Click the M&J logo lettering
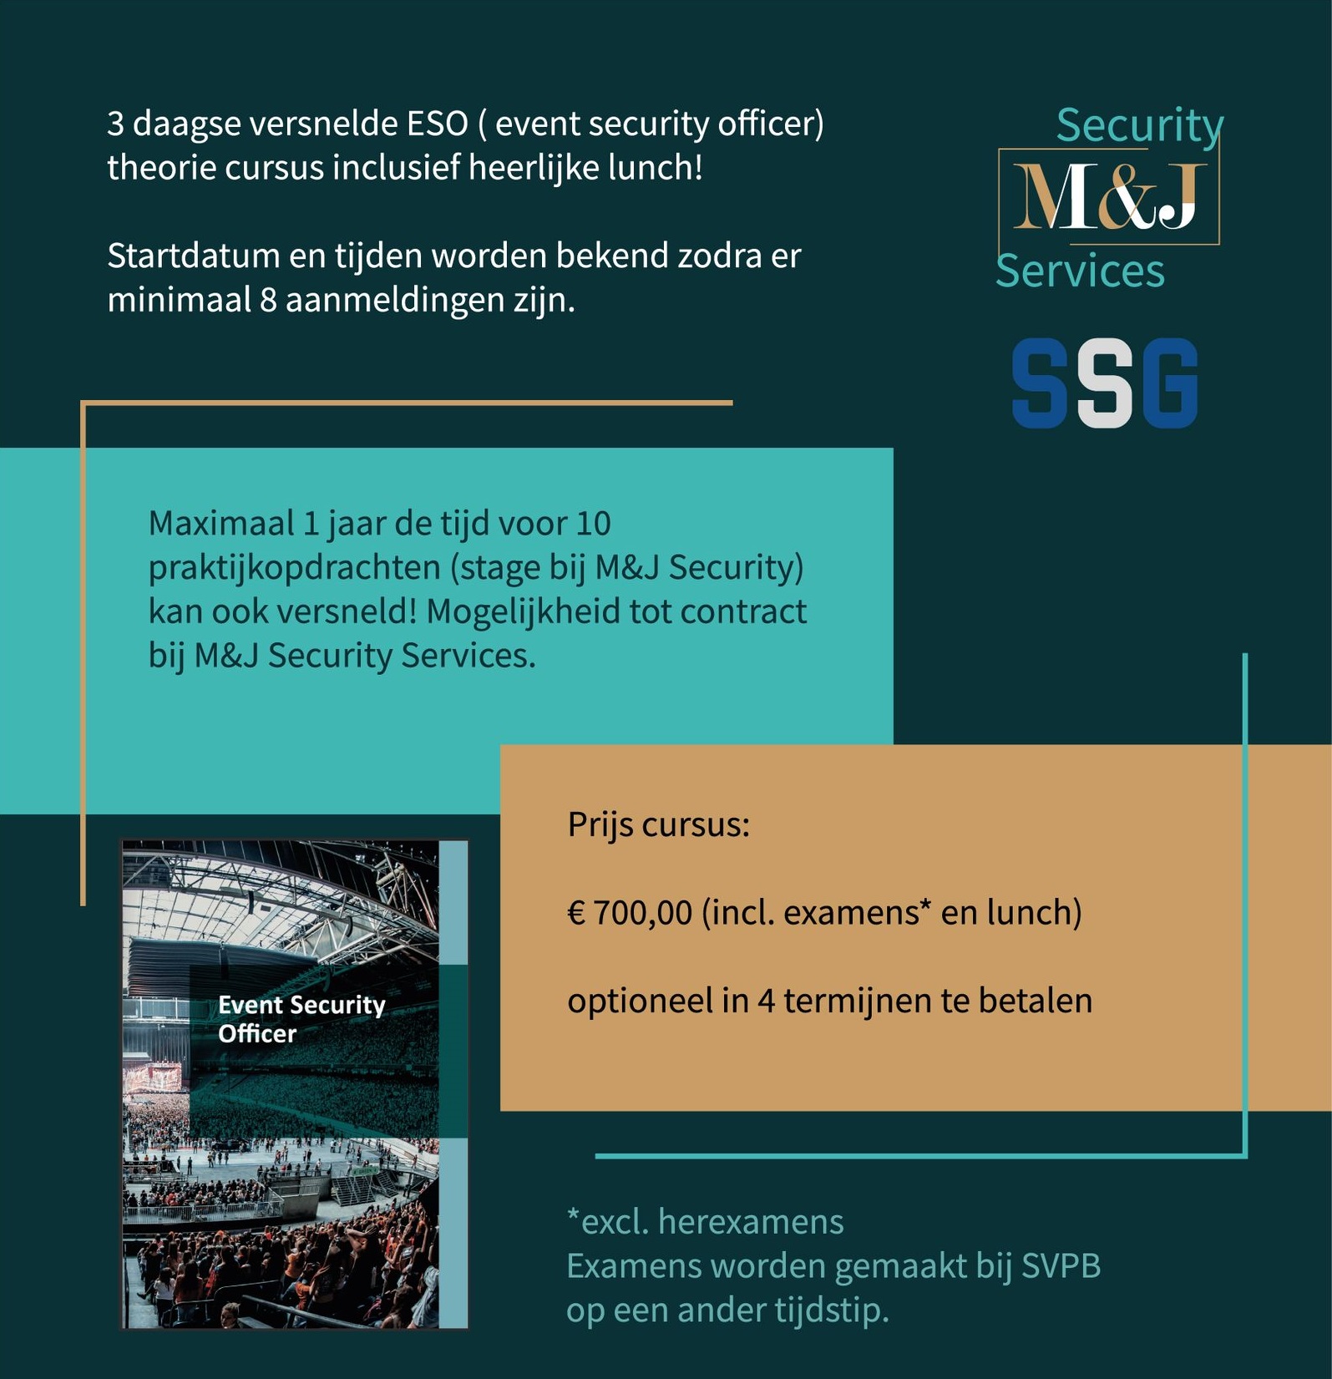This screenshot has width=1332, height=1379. point(1107,197)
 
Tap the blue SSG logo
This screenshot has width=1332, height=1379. point(1104,383)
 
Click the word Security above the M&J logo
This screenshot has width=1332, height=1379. point(1139,125)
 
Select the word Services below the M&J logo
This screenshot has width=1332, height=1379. point(1080,271)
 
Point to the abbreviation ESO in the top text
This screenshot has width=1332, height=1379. point(437,124)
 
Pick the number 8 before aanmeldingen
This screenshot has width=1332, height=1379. point(267,300)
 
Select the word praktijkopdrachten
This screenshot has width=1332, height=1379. point(294,568)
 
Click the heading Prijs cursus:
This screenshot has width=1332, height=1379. point(658,825)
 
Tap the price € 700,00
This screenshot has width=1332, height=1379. point(630,912)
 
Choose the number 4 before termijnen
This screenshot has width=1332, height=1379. point(766,1001)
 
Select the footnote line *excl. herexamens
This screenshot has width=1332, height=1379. point(705,1222)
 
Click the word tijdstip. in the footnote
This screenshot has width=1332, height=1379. point(831,1310)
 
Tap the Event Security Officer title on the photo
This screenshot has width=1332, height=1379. point(301,1019)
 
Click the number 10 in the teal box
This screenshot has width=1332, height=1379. point(593,524)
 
